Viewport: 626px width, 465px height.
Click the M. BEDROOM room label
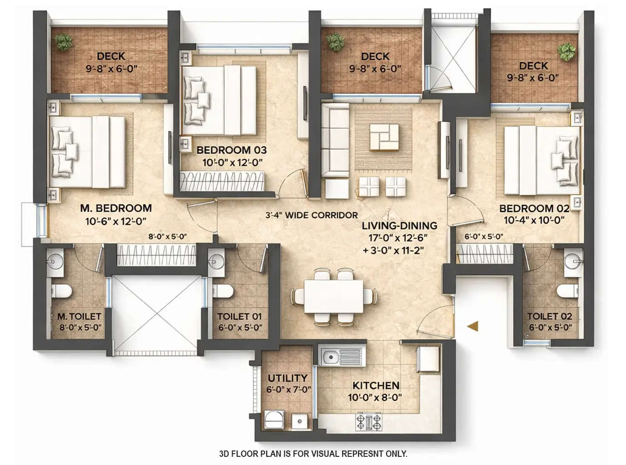click(115, 208)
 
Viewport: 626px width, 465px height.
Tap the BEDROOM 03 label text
click(231, 150)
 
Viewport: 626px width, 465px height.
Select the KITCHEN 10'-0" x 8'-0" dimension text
click(376, 397)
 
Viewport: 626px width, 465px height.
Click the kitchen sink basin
click(330, 356)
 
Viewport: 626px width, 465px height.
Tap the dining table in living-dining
click(334, 297)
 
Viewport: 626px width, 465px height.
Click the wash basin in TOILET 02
click(572, 261)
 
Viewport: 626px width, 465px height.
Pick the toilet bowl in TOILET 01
click(223, 291)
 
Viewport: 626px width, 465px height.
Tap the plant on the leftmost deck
click(64, 43)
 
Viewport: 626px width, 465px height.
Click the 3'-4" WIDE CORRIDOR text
click(311, 215)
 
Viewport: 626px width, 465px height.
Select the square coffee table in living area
click(384, 137)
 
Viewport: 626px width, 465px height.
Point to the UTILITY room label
click(287, 378)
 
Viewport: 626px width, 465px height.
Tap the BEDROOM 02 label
click(534, 208)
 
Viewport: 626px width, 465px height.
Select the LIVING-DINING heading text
click(399, 226)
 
